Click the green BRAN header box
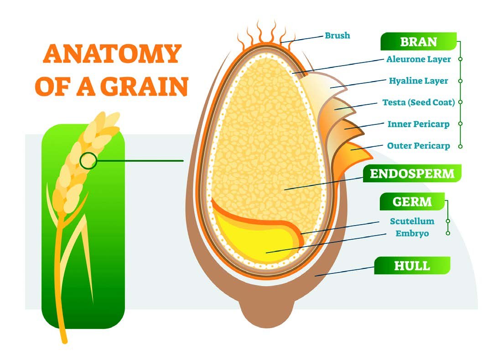pyautogui.click(x=418, y=41)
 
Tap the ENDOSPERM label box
pyautogui.click(x=412, y=174)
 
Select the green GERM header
pyautogui.click(x=412, y=201)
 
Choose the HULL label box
pyautogui.click(x=412, y=265)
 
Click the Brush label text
pyautogui.click(x=337, y=35)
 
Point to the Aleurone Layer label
pyautogui.click(x=419, y=59)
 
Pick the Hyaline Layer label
pyautogui.click(x=419, y=81)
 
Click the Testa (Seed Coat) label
pyautogui.click(x=419, y=103)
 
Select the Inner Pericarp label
pyautogui.click(x=419, y=124)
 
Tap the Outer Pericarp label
pyautogui.click(x=419, y=146)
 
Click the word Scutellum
pyautogui.click(x=412, y=221)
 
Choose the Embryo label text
pyautogui.click(x=412, y=233)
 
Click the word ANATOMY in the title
pyautogui.click(x=112, y=53)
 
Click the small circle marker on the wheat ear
pyautogui.click(x=88, y=160)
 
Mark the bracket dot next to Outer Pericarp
pyautogui.click(x=460, y=146)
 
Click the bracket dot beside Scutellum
pyautogui.click(x=448, y=221)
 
